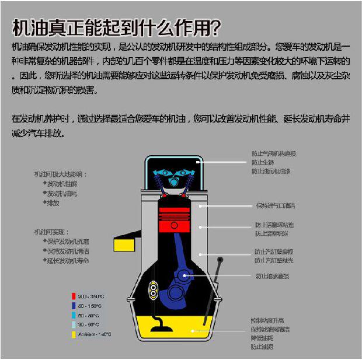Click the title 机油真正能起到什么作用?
pos(116,27)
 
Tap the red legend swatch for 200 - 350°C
pos(74,296)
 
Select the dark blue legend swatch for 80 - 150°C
pos(74,306)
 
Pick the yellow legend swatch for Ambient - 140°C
pos(74,334)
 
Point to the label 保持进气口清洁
pos(274,206)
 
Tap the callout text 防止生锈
pos(263,163)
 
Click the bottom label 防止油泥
pos(262,347)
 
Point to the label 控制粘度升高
pos(267,320)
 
